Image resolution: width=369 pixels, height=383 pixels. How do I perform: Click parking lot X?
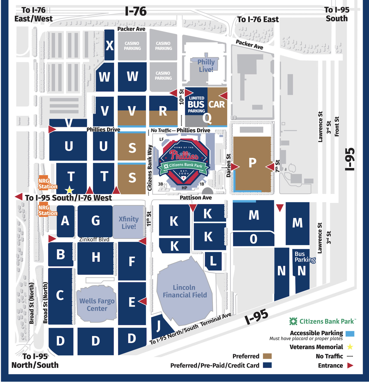(x=109, y=45)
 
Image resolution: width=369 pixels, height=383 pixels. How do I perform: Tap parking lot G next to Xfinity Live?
(x=95, y=221)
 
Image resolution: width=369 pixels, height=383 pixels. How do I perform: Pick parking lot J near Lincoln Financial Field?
(x=159, y=326)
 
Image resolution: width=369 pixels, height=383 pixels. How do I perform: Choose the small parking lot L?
(x=213, y=261)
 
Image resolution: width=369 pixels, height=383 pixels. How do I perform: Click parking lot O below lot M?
(x=253, y=239)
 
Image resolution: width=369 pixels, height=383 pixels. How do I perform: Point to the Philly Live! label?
(x=206, y=66)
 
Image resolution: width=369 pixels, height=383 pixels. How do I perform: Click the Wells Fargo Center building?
(x=97, y=305)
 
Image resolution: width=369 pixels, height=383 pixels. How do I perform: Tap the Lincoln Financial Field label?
(x=185, y=291)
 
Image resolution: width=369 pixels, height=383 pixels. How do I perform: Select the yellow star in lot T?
(x=69, y=191)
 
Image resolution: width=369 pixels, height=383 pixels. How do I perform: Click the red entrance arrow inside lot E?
(x=143, y=301)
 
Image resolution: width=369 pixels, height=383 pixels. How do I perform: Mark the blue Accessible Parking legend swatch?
(x=350, y=333)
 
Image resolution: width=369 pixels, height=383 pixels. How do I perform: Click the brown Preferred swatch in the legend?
(x=267, y=356)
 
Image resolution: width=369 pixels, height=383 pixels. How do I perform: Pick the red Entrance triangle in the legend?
(x=350, y=365)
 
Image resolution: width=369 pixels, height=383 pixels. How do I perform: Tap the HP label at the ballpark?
(x=184, y=188)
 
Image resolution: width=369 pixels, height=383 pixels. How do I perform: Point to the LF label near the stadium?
(x=162, y=139)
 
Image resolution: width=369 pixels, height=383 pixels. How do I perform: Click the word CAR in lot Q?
(x=216, y=104)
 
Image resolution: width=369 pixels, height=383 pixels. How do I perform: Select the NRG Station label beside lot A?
(x=48, y=210)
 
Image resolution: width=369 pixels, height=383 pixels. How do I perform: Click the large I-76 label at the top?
(x=136, y=11)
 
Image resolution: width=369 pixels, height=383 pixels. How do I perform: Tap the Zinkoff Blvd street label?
(x=94, y=239)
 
